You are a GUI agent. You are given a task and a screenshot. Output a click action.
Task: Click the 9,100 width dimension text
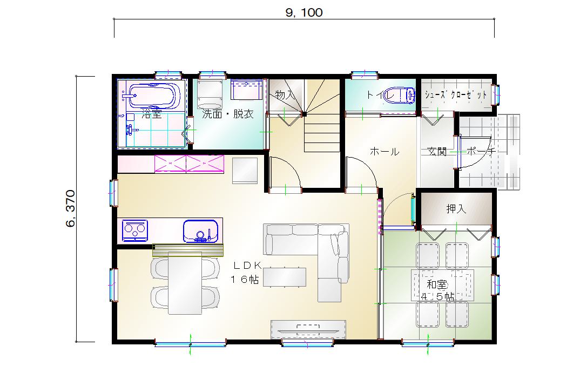pyautogui.click(x=304, y=12)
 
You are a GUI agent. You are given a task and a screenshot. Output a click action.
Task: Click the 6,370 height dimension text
pyautogui.click(x=70, y=208)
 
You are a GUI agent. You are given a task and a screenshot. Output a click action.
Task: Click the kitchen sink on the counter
pyautogui.click(x=200, y=231)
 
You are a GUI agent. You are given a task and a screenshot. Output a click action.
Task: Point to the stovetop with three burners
pyautogui.click(x=134, y=230)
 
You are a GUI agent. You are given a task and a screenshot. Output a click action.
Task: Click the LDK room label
pyautogui.click(x=247, y=265)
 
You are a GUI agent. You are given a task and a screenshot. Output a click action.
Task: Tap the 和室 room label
pyautogui.click(x=437, y=284)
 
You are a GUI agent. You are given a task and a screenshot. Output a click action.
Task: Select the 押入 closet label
pyautogui.click(x=456, y=209)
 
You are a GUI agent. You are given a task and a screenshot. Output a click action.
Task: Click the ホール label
pyautogui.click(x=385, y=151)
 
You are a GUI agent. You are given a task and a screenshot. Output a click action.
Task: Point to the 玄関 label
pyautogui.click(x=437, y=151)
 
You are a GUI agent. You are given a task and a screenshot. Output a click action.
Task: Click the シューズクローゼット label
pyautogui.click(x=456, y=94)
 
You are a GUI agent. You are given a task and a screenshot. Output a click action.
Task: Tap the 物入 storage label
pyautogui.click(x=285, y=95)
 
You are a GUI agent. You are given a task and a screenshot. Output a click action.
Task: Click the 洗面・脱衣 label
pyautogui.click(x=228, y=114)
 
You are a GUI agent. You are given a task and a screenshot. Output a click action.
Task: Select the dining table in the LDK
pyautogui.click(x=185, y=283)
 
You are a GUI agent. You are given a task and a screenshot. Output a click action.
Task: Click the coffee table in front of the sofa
pyautogui.click(x=285, y=277)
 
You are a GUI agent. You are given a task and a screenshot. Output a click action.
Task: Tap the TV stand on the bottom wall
pyautogui.click(x=308, y=330)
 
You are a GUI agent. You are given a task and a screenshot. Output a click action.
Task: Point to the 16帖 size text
pyautogui.click(x=245, y=280)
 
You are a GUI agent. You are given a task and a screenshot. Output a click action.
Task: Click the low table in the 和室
pyautogui.click(x=442, y=285)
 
